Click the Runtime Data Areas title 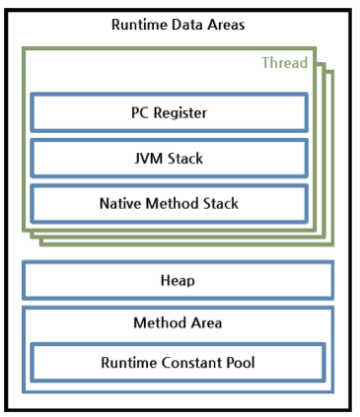tap(178, 25)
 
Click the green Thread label tap(284, 63)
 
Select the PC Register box tap(169, 112)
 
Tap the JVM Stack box tap(169, 158)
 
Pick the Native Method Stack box tap(169, 203)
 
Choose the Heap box tap(178, 280)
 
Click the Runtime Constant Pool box tap(178, 363)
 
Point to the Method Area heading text tap(178, 322)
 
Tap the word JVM tap(147, 158)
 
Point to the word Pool tap(239, 363)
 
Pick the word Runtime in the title tap(139, 25)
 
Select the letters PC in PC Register tap(140, 112)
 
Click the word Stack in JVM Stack tap(185, 158)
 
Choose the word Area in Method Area tap(205, 322)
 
